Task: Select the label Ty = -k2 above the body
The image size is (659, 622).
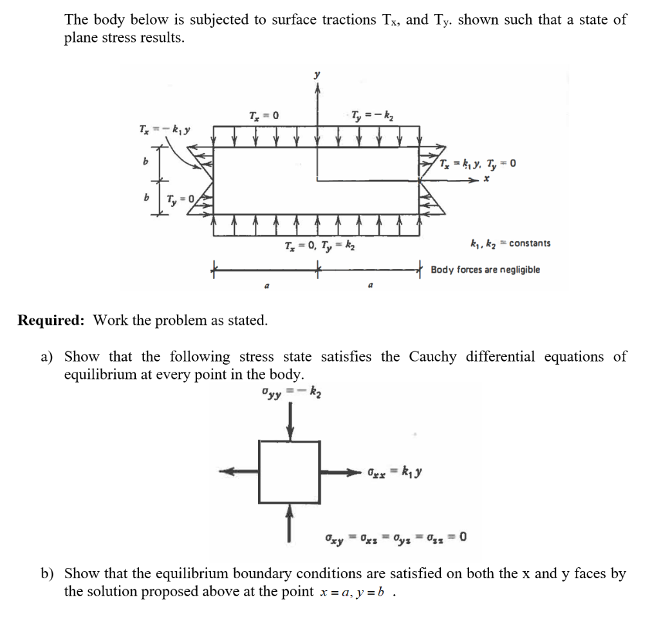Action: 372,116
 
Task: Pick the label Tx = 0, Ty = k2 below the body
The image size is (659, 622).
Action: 321,246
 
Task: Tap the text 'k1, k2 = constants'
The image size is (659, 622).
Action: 510,244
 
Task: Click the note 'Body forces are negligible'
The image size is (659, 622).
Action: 485,270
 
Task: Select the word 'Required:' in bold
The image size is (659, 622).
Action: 53,320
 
